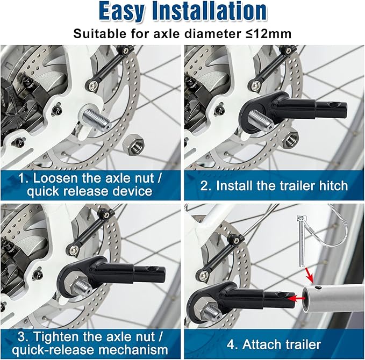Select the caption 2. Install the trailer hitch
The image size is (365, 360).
274,186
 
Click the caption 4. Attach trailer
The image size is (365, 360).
274,344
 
